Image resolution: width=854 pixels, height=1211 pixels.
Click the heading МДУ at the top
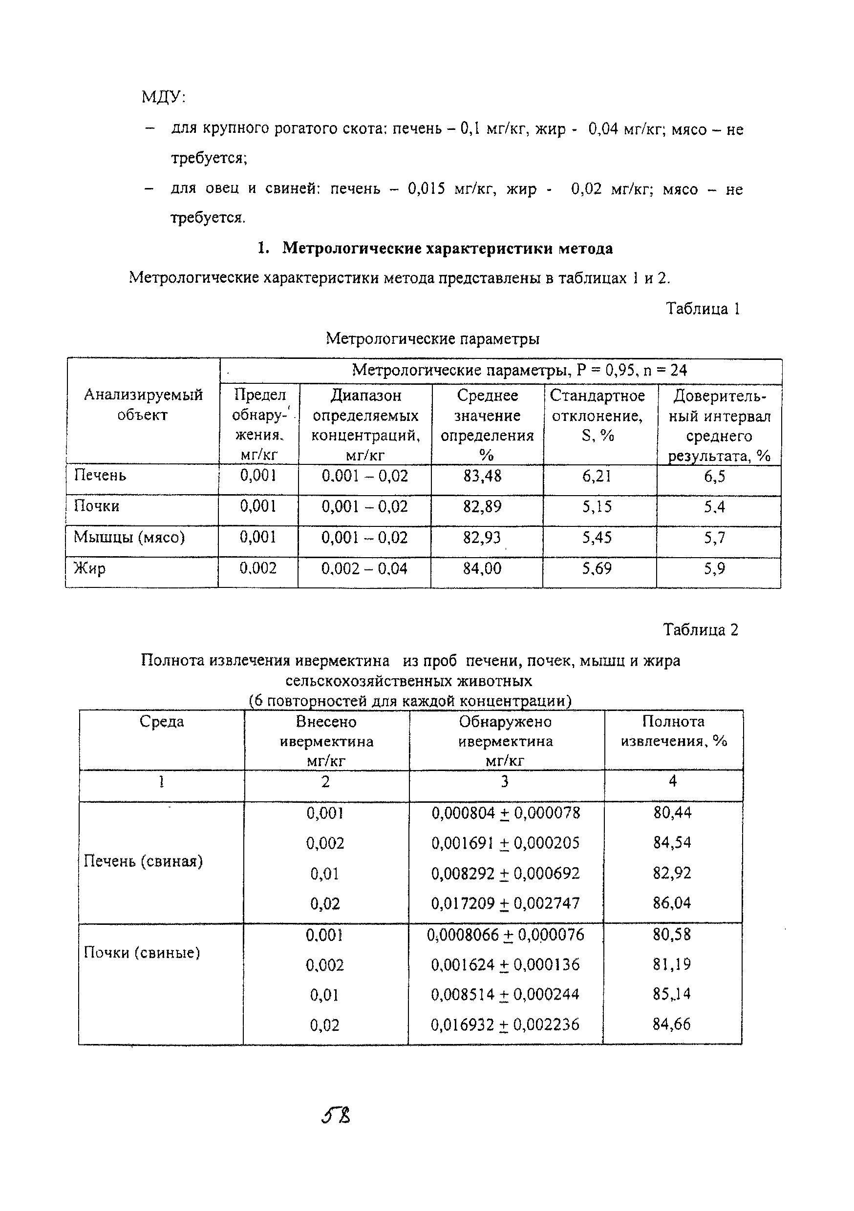[x=163, y=97]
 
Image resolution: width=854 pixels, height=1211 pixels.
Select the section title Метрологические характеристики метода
[x=447, y=248]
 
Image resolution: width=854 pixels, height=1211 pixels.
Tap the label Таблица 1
[x=703, y=309]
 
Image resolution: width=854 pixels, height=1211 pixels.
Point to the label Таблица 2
[x=701, y=629]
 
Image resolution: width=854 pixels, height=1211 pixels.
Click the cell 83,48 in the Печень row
[x=482, y=476]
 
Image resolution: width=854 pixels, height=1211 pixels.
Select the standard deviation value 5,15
[x=597, y=507]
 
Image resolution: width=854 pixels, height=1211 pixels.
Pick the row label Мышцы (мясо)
[x=129, y=537]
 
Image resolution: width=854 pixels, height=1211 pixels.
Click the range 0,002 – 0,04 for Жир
[x=364, y=568]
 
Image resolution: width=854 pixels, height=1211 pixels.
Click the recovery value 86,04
[x=671, y=903]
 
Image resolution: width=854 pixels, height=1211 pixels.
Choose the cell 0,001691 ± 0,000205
[x=505, y=843]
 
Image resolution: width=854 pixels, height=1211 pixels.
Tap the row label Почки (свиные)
[x=142, y=953]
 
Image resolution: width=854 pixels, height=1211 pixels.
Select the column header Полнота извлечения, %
[x=674, y=731]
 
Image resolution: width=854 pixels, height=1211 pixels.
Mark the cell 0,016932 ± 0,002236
[x=505, y=1025]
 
